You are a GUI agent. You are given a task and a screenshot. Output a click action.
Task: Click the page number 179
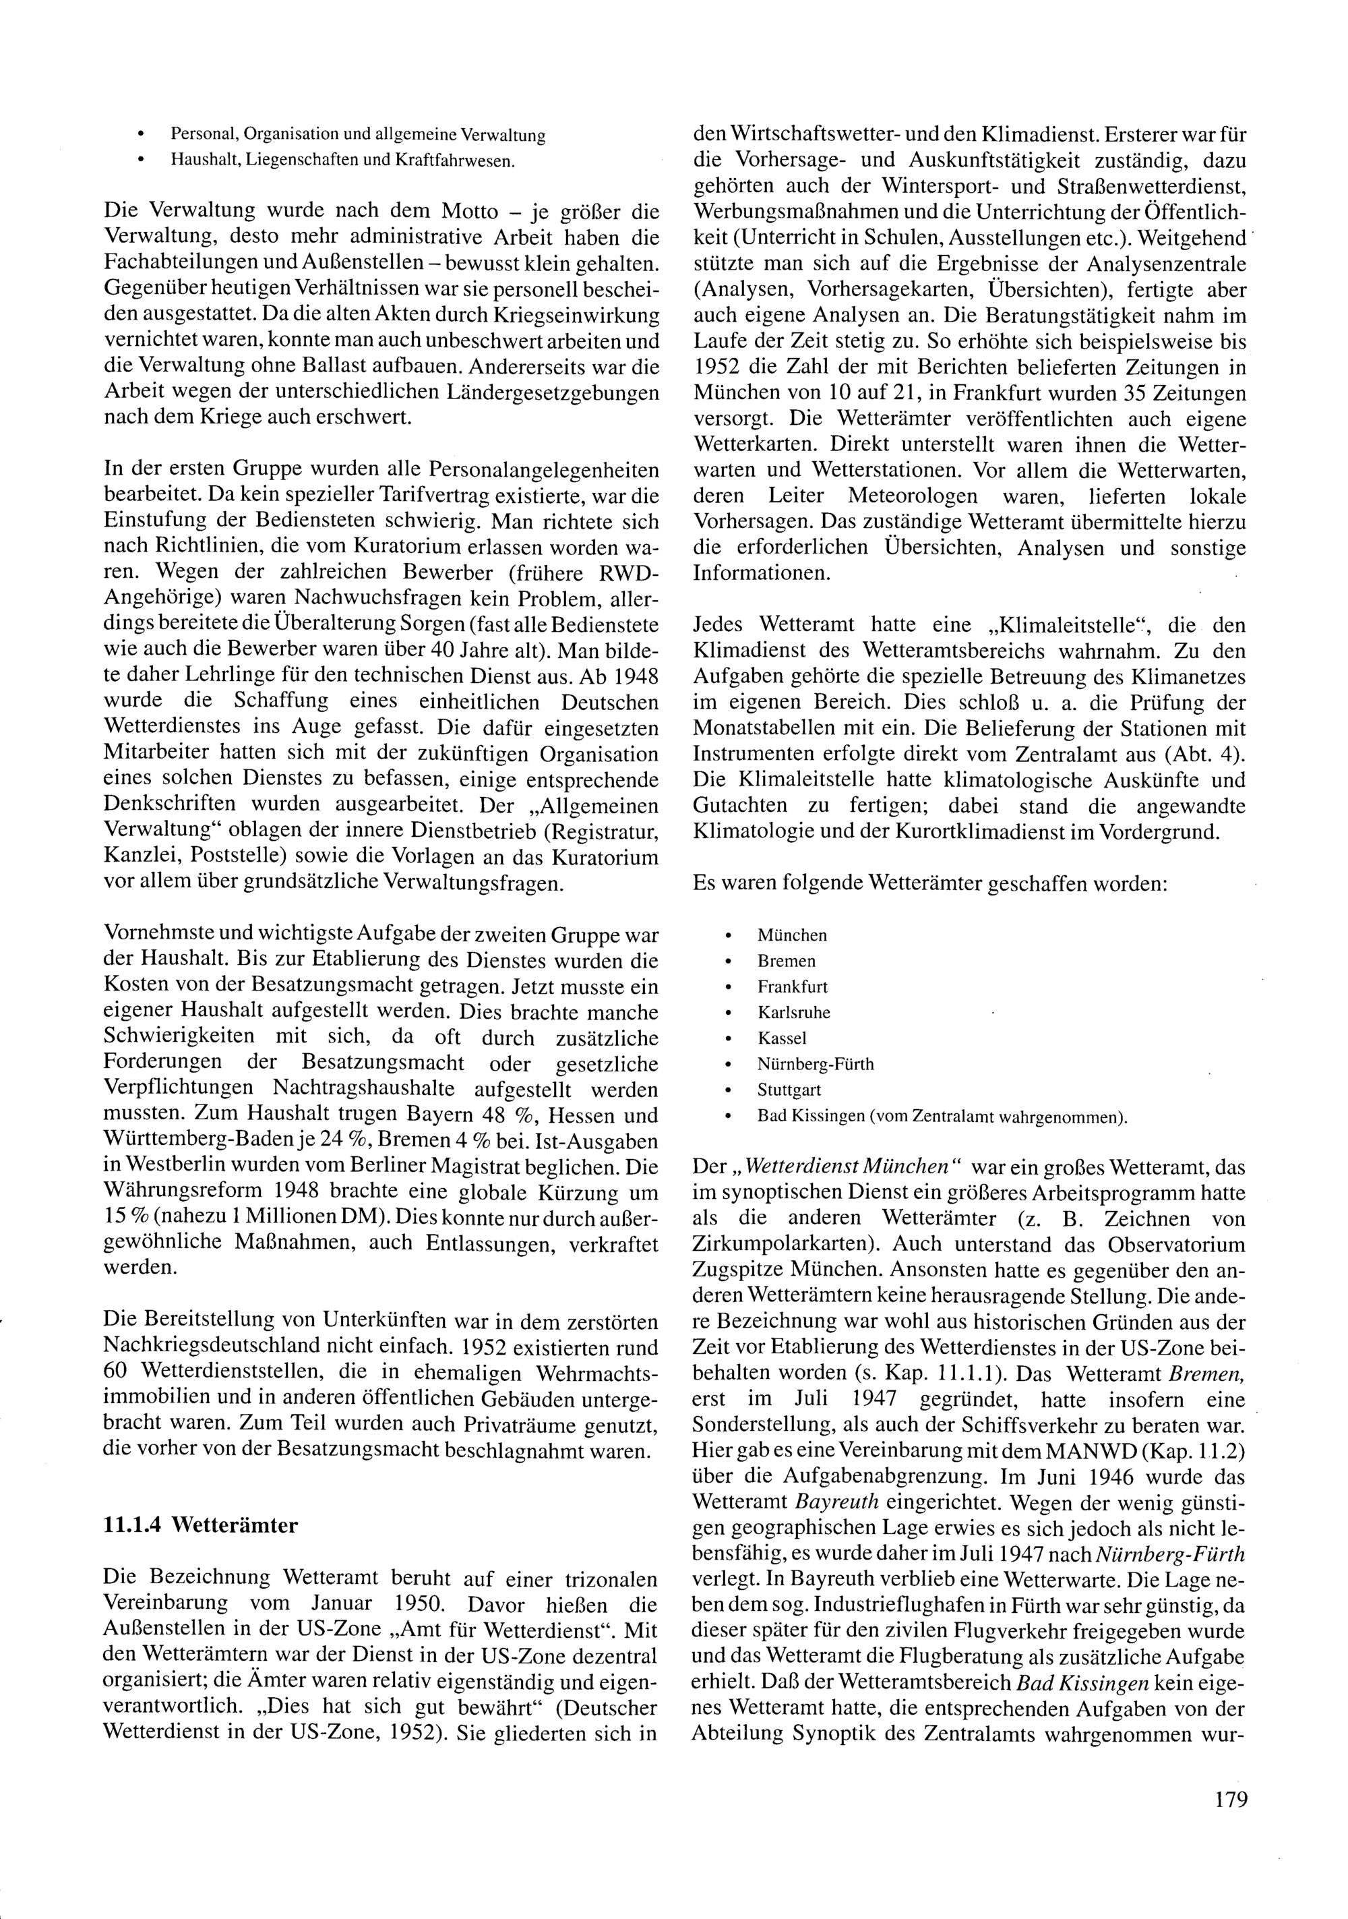click(1231, 1798)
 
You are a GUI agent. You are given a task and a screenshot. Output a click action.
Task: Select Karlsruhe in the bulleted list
click(794, 1012)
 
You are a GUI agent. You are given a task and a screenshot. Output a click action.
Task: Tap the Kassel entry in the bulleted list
click(783, 1038)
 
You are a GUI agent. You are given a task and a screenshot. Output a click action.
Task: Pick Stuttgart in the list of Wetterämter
click(789, 1090)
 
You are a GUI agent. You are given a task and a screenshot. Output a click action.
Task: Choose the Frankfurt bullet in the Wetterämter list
click(792, 986)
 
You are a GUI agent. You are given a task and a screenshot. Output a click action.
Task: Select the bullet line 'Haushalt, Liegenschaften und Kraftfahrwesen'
click(342, 160)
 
